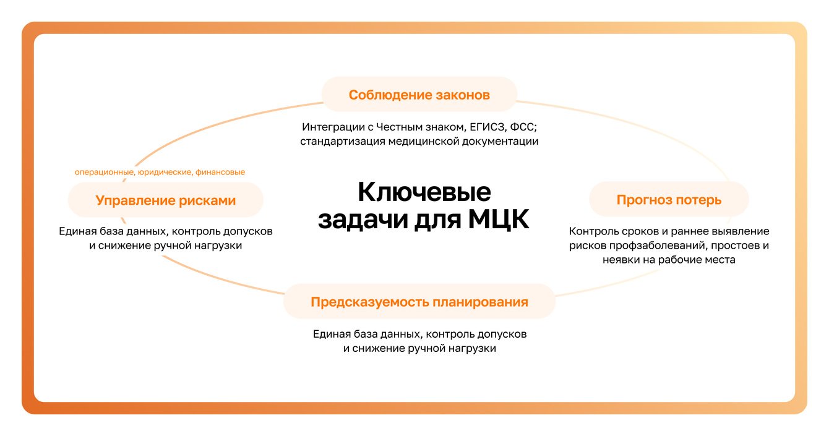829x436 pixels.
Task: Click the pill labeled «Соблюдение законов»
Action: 419,95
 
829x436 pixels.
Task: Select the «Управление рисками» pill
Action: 165,200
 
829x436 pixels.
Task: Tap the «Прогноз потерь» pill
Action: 669,200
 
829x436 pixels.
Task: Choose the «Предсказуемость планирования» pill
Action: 419,302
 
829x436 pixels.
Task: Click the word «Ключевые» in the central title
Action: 424,192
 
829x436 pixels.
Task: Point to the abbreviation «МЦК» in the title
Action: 499,220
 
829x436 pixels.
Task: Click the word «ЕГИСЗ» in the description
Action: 488,127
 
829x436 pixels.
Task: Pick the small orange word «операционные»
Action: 105,173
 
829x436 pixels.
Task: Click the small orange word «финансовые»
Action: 220,172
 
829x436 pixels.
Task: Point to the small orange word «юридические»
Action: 165,173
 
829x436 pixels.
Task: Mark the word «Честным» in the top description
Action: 399,127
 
